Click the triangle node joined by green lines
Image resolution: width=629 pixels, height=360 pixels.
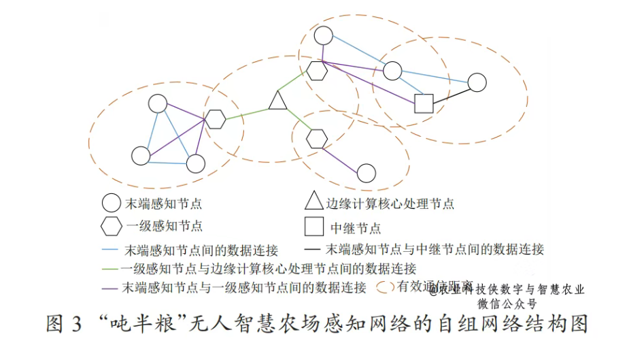pos(277,101)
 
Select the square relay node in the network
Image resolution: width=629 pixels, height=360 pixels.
pos(424,103)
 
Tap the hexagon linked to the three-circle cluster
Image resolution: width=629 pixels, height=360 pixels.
pos(216,119)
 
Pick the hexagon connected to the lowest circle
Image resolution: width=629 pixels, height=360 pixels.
pos(317,139)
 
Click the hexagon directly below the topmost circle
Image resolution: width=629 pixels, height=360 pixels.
pos(316,70)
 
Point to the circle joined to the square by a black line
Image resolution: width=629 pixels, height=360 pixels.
pos(477,82)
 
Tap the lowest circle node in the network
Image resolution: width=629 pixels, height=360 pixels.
pos(367,173)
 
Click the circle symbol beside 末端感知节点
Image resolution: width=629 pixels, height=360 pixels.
pos(110,203)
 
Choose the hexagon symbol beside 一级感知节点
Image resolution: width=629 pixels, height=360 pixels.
pos(110,225)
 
